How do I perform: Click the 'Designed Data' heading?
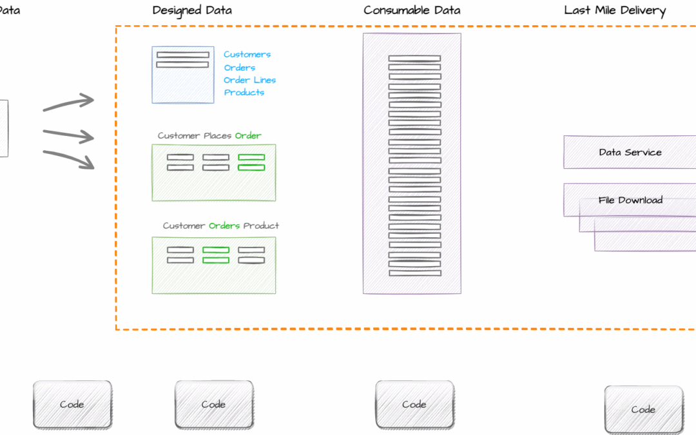(x=192, y=11)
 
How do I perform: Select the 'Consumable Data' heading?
(x=412, y=10)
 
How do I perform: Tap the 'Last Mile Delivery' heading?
(x=615, y=11)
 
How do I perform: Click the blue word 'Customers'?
(x=247, y=54)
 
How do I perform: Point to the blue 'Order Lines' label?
(x=250, y=80)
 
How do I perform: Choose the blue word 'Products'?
(x=244, y=92)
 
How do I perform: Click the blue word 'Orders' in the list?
(x=240, y=68)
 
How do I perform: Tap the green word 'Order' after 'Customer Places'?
(x=248, y=135)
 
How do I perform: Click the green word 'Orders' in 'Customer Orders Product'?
(x=224, y=226)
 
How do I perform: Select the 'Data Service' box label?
(x=630, y=152)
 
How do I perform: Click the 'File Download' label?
(x=630, y=200)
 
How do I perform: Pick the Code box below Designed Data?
(x=214, y=404)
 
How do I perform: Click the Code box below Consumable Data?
(x=414, y=404)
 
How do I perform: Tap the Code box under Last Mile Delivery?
(x=644, y=410)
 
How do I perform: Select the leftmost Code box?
(x=72, y=404)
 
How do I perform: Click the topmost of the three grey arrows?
(x=68, y=102)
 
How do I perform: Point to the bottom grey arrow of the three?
(x=69, y=159)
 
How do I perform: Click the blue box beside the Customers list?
(x=183, y=75)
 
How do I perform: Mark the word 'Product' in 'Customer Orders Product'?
(x=261, y=226)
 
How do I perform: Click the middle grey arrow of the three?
(x=68, y=135)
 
